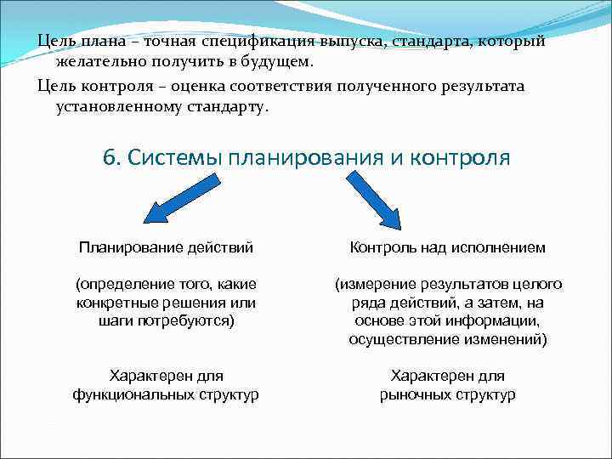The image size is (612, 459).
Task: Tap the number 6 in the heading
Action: pos(108,158)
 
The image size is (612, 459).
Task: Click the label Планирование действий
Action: pos(166,247)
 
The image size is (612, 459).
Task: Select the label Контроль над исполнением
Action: pos(448,247)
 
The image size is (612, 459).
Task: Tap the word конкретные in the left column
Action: pos(112,303)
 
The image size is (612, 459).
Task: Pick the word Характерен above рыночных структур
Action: pos(447,375)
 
